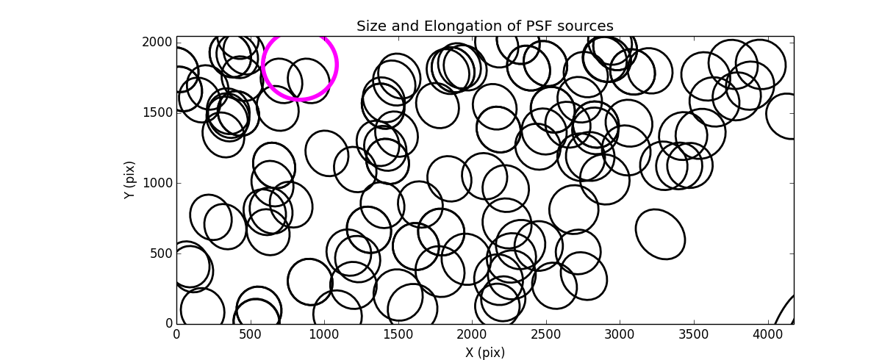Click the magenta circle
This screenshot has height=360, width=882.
click(x=300, y=64)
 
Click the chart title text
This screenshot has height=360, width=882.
click(x=484, y=26)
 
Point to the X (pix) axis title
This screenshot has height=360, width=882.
click(x=484, y=352)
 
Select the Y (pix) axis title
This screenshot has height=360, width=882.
click(x=130, y=180)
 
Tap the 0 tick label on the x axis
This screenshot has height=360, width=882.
click(x=176, y=334)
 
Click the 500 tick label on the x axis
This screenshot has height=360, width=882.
click(x=250, y=334)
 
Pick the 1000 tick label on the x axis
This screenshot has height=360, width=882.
click(x=324, y=334)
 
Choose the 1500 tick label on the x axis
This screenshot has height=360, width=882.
click(x=398, y=334)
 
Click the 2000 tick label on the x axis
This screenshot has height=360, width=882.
click(x=472, y=334)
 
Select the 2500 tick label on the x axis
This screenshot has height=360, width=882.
click(x=545, y=334)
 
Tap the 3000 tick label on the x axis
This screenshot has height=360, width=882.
click(x=619, y=334)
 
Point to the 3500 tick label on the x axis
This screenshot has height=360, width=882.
click(x=693, y=334)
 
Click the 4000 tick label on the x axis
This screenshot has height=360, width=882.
click(x=767, y=334)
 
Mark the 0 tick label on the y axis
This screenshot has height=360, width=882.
click(x=168, y=324)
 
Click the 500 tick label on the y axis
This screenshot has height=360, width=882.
click(x=161, y=253)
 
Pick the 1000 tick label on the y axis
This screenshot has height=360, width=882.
click(x=158, y=183)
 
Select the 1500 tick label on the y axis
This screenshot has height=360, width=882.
click(x=158, y=112)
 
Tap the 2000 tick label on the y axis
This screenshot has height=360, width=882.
click(x=158, y=43)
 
